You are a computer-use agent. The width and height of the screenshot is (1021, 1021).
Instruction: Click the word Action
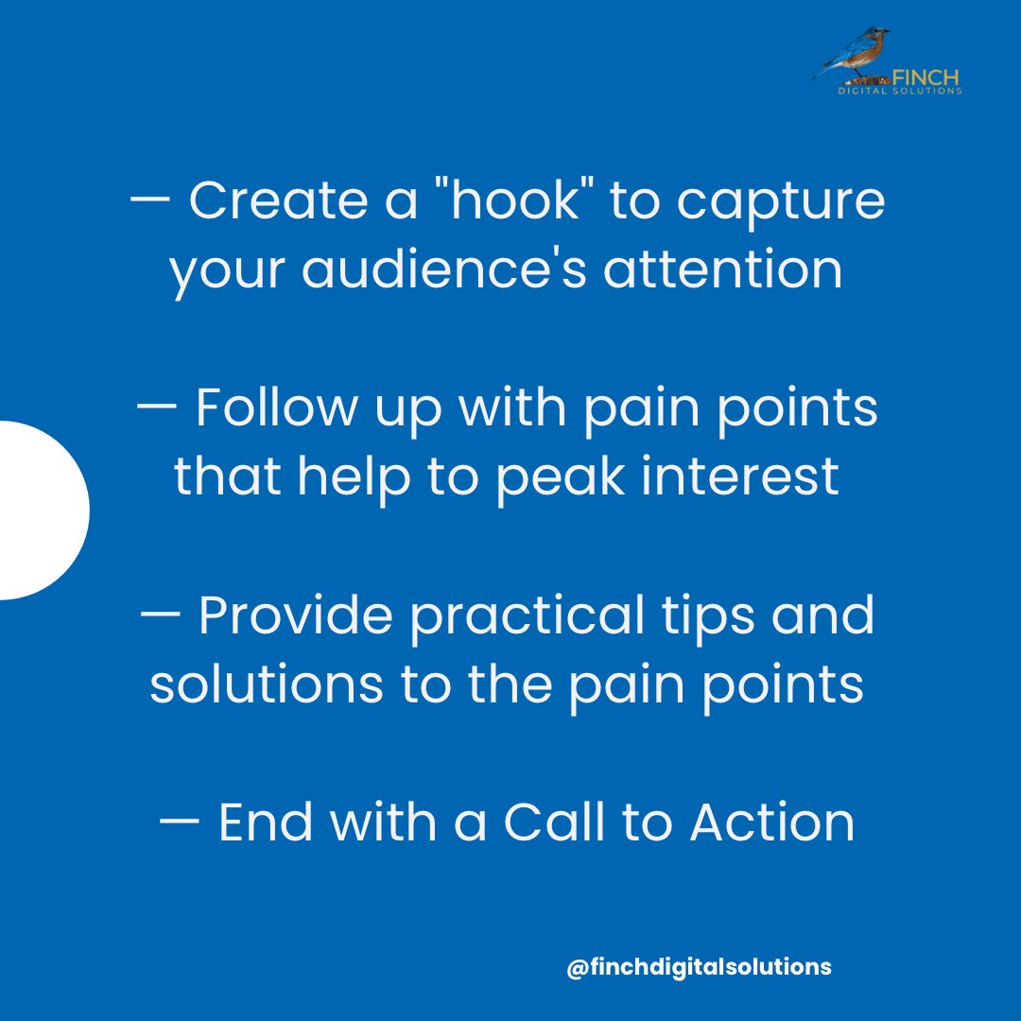tap(771, 822)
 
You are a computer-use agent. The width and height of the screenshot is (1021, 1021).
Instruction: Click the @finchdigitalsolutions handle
tap(699, 968)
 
